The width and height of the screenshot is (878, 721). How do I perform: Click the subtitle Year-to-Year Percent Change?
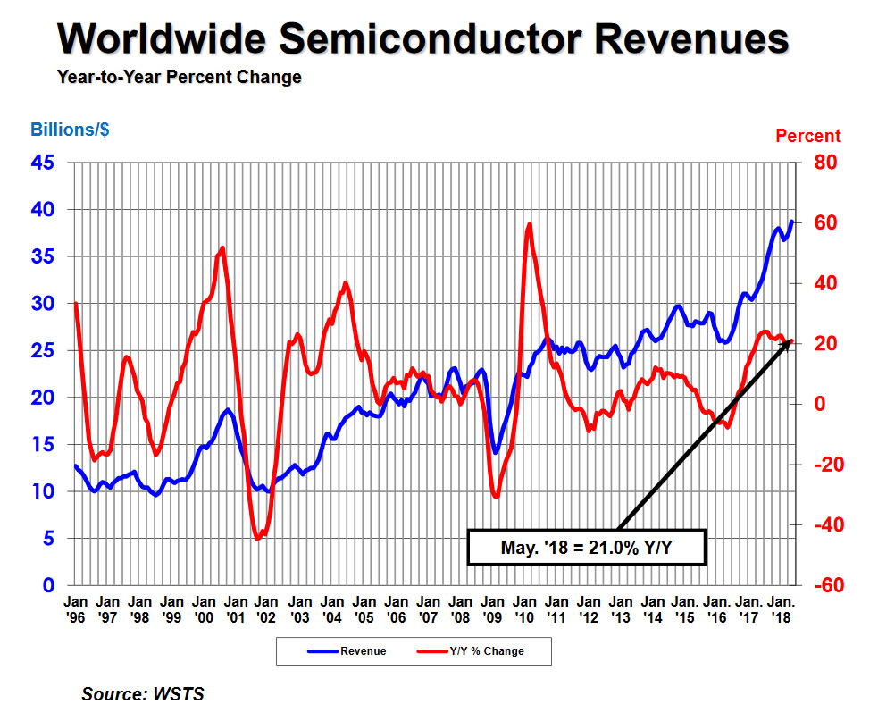point(179,78)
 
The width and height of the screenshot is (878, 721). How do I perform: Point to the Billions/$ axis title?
point(71,130)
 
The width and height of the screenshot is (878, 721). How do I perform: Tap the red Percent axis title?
point(807,136)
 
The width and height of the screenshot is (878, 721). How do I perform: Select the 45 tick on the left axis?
point(44,163)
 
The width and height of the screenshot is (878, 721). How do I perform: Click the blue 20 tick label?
point(44,398)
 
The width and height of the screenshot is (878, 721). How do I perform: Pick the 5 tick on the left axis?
point(49,539)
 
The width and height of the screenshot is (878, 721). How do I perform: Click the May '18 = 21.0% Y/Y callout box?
point(587,547)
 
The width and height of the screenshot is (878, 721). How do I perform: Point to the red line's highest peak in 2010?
point(530,223)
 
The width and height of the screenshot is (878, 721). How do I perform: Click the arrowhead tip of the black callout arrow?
point(790,341)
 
